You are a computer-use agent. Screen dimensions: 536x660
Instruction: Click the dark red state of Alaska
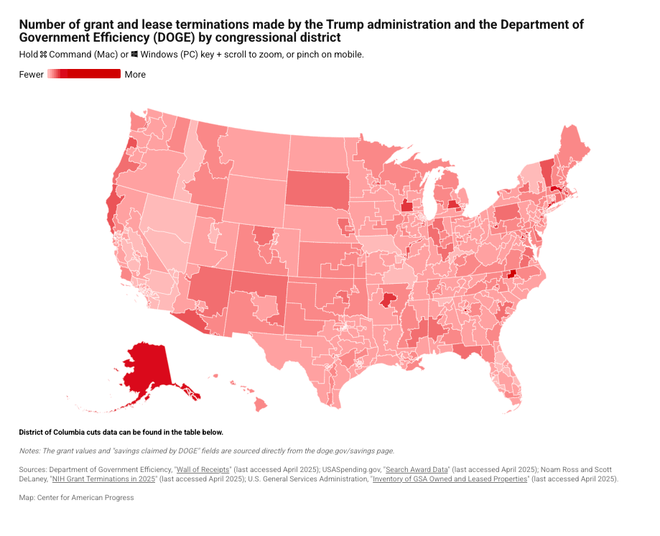coord(149,366)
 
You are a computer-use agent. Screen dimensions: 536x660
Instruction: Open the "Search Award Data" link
coord(417,469)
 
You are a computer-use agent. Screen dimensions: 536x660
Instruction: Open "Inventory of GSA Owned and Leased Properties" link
coord(450,479)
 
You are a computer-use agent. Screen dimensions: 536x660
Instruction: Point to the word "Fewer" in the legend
coord(32,75)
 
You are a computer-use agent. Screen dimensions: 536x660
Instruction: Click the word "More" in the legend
coord(135,75)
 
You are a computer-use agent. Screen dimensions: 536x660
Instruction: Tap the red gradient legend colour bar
coord(84,74)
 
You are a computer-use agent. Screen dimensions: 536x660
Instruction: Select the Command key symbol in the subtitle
coord(43,55)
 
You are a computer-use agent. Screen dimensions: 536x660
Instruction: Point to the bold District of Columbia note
coord(121,433)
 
